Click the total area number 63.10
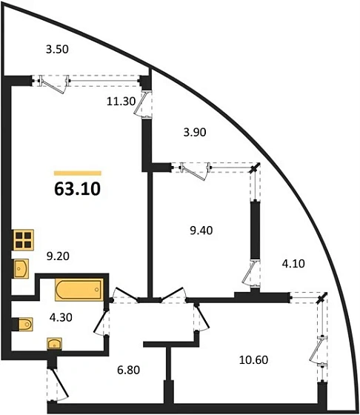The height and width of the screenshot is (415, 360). coord(77,189)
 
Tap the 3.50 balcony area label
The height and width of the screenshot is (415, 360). coord(57,49)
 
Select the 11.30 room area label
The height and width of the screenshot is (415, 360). coord(121,101)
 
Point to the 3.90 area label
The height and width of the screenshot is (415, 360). coord(195,132)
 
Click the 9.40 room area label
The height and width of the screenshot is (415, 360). coord(201,230)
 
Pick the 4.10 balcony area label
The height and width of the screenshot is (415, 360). coord(293,264)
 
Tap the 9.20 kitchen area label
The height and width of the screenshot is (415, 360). coord(58,256)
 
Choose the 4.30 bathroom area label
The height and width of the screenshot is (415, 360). coord(61,317)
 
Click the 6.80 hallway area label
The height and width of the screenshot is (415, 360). coord(129,370)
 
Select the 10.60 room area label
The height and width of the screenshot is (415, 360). coord(253,360)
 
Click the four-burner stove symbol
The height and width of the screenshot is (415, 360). coord(24,240)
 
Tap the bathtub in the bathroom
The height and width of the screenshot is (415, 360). coord(79,290)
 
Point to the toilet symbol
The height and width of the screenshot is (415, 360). coord(25,325)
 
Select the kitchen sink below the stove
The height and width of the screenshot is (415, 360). coord(21,269)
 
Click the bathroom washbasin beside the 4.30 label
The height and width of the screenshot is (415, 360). coord(55,344)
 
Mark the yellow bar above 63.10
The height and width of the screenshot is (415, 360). coord(78,173)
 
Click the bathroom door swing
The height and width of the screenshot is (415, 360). coord(101,322)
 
